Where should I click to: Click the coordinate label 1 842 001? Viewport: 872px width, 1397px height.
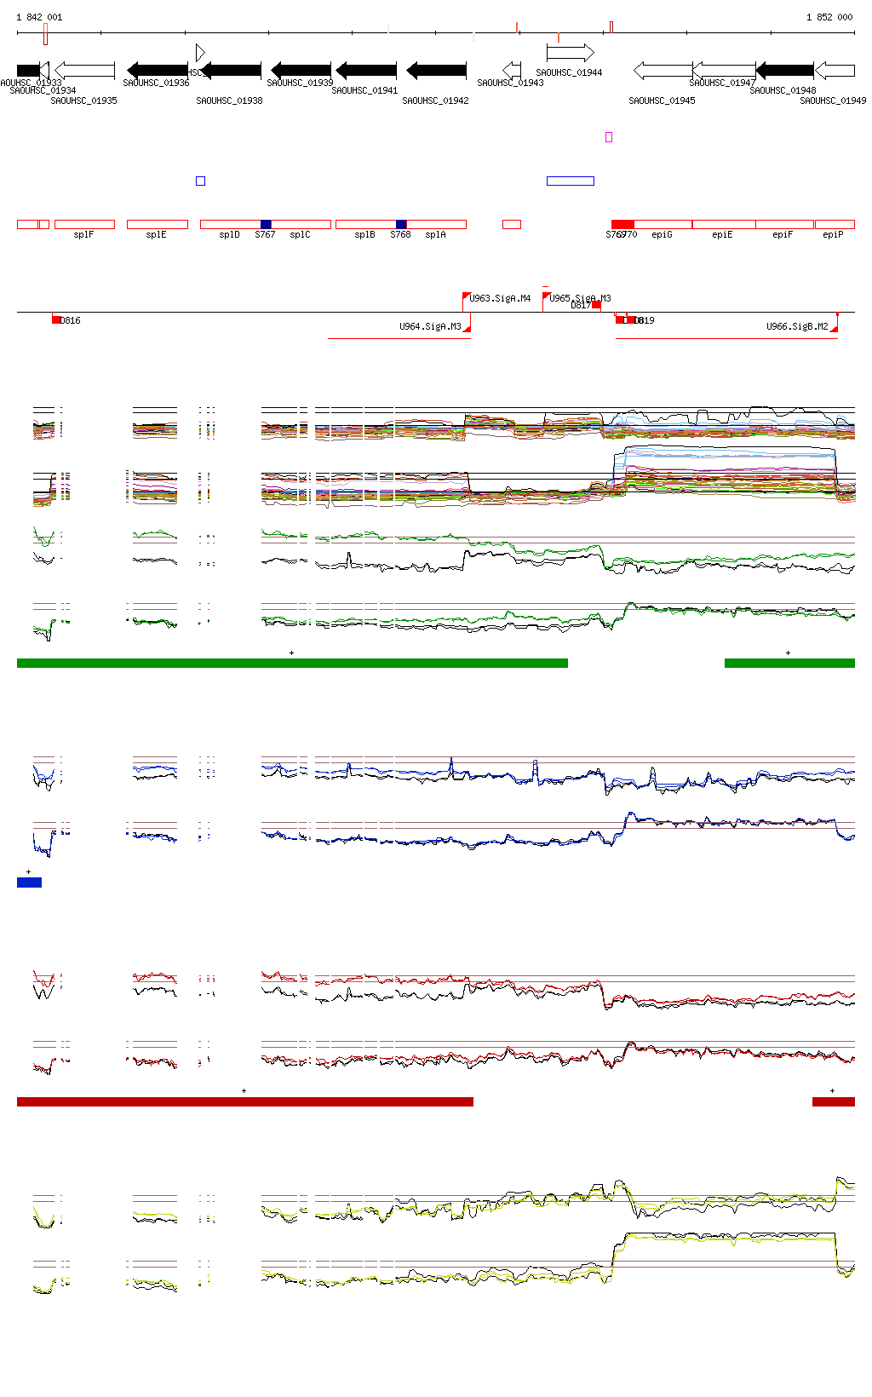(x=39, y=17)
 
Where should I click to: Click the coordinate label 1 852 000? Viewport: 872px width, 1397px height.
(x=829, y=17)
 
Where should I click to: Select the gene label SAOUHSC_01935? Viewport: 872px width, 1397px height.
(x=83, y=101)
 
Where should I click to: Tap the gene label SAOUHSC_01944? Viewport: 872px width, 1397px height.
(x=569, y=72)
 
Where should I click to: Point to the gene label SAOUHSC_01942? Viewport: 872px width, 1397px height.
(x=435, y=101)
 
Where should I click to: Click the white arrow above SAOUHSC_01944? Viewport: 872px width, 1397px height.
(x=570, y=53)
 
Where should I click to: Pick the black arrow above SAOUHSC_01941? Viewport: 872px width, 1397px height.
(x=366, y=70)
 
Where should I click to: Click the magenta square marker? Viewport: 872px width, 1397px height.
(x=609, y=137)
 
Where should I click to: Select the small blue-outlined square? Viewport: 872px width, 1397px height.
(x=200, y=181)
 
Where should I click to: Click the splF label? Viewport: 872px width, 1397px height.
(x=83, y=234)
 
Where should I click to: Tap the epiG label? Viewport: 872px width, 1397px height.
(x=662, y=234)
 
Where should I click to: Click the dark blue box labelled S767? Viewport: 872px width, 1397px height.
(x=266, y=224)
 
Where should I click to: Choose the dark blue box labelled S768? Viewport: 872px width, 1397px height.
(x=401, y=224)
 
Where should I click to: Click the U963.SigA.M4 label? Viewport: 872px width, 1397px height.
(x=500, y=298)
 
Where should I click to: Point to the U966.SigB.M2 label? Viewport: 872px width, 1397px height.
(x=797, y=326)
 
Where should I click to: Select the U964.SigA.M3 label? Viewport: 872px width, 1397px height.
(x=430, y=326)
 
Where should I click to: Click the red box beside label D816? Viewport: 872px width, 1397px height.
(x=56, y=319)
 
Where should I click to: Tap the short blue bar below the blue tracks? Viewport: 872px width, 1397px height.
(x=29, y=882)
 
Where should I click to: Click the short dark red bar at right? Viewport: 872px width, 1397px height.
(x=833, y=1101)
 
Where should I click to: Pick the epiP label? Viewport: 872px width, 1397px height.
(x=833, y=234)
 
